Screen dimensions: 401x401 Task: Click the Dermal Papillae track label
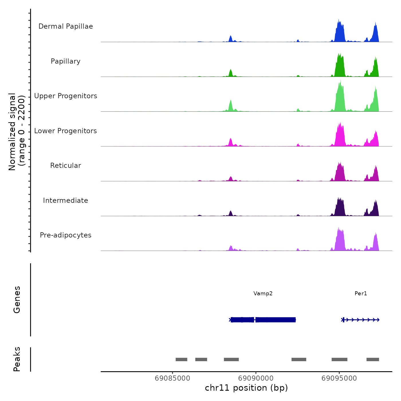click(x=66, y=26)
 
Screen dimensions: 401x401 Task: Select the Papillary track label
click(x=66, y=61)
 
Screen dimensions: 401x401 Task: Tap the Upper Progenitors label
click(x=66, y=96)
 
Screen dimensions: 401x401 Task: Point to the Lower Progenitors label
click(x=66, y=131)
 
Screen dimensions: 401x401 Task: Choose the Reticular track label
click(x=66, y=166)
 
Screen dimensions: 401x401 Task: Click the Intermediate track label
click(x=66, y=200)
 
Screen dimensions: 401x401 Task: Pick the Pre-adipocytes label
click(x=66, y=235)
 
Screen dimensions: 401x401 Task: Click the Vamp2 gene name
click(x=263, y=293)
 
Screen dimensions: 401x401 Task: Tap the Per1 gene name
click(x=361, y=293)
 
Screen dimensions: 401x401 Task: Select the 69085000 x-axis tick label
click(x=172, y=378)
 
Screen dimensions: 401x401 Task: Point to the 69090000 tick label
click(x=256, y=378)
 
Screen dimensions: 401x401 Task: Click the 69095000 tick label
click(x=339, y=378)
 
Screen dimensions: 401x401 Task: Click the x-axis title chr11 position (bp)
click(x=246, y=388)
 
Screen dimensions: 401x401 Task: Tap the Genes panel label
click(x=17, y=300)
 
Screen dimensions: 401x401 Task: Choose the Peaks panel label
click(x=17, y=359)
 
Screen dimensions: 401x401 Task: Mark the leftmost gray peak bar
click(x=181, y=359)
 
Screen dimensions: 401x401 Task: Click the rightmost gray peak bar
click(x=373, y=359)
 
